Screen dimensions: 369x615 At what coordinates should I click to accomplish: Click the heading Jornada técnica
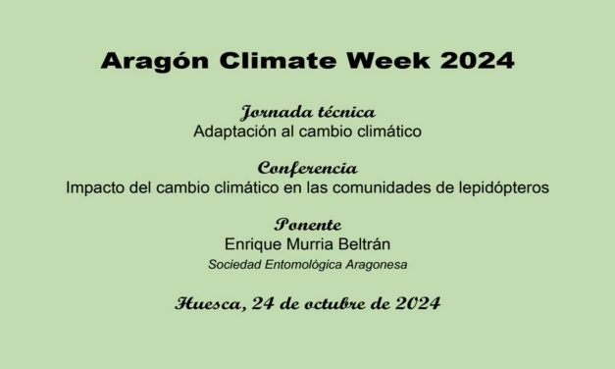click(x=307, y=113)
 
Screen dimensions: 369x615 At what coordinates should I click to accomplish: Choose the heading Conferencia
click(x=307, y=169)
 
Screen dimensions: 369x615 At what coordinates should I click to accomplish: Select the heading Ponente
click(x=307, y=225)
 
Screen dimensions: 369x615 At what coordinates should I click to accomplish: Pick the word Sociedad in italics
click(x=232, y=264)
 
